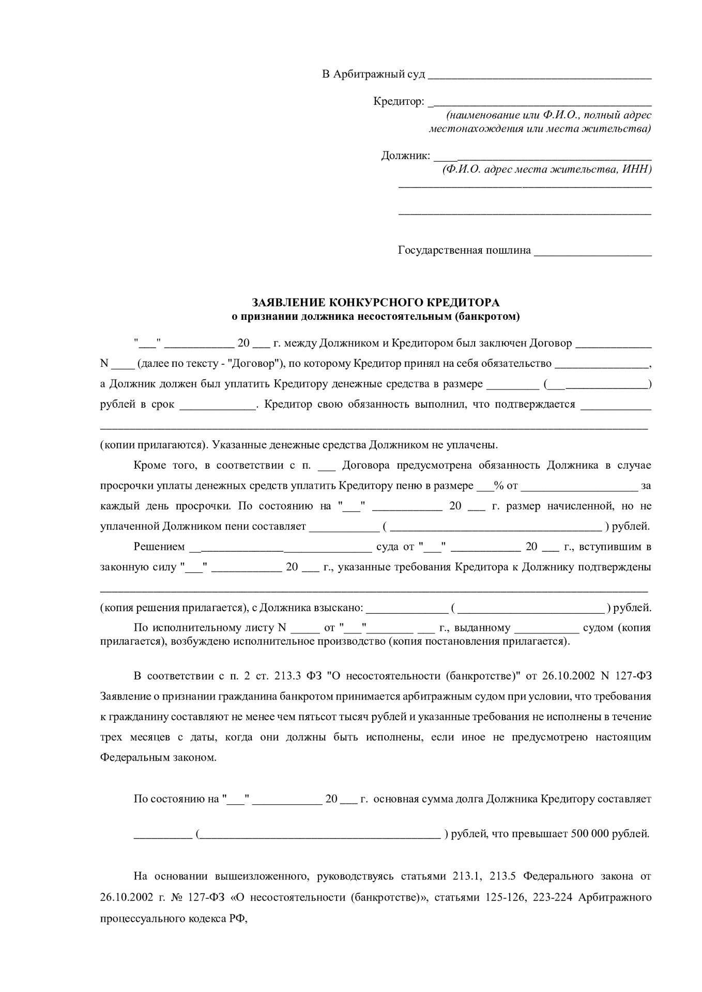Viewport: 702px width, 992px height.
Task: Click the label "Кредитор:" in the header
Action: [399, 101]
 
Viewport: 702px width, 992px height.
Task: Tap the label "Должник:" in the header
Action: [405, 156]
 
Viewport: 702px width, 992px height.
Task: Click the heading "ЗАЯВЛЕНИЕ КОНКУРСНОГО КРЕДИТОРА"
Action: [375, 302]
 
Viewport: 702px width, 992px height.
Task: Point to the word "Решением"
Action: [159, 547]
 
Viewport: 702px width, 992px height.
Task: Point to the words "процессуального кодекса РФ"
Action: [174, 917]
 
